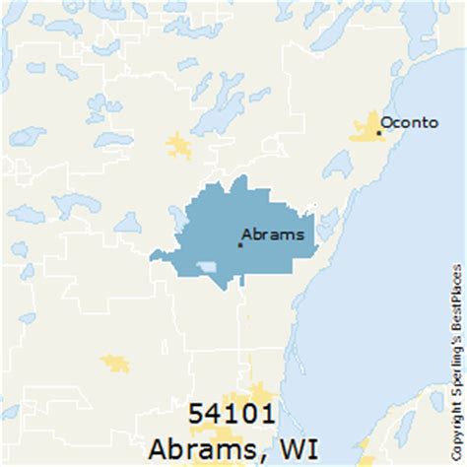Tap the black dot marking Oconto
click(x=378, y=132)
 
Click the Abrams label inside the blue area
click(x=273, y=234)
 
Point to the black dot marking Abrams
click(x=239, y=243)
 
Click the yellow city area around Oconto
click(x=367, y=128)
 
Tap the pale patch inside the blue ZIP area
click(x=207, y=267)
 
